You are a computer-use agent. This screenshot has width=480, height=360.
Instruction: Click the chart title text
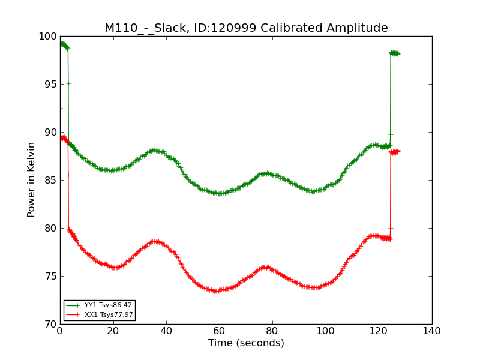tap(246, 28)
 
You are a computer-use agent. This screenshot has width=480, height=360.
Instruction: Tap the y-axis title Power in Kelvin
tap(31, 180)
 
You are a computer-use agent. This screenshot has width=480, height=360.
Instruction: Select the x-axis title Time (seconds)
tap(246, 343)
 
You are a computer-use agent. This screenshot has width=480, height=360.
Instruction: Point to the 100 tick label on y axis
tap(48, 37)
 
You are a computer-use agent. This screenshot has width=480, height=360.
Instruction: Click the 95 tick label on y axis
tap(51, 84)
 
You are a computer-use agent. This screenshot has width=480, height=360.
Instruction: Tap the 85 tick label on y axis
tap(51, 181)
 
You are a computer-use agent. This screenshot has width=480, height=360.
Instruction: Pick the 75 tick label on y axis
tap(51, 277)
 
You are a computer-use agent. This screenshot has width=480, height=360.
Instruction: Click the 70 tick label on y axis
tap(51, 325)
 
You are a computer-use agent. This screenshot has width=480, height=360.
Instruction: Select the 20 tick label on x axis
tap(113, 331)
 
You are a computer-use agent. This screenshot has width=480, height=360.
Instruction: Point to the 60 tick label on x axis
tap(220, 331)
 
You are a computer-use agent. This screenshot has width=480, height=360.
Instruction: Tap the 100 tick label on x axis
tap(326, 331)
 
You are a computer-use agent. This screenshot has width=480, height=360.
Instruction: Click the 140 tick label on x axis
tap(432, 331)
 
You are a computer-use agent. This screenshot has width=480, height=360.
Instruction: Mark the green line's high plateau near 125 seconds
tap(395, 53)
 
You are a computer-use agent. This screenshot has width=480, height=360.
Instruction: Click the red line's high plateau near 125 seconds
tap(395, 152)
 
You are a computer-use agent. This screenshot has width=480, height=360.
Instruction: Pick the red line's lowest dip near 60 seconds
tap(217, 291)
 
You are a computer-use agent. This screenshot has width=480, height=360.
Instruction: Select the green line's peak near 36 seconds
tap(155, 151)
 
